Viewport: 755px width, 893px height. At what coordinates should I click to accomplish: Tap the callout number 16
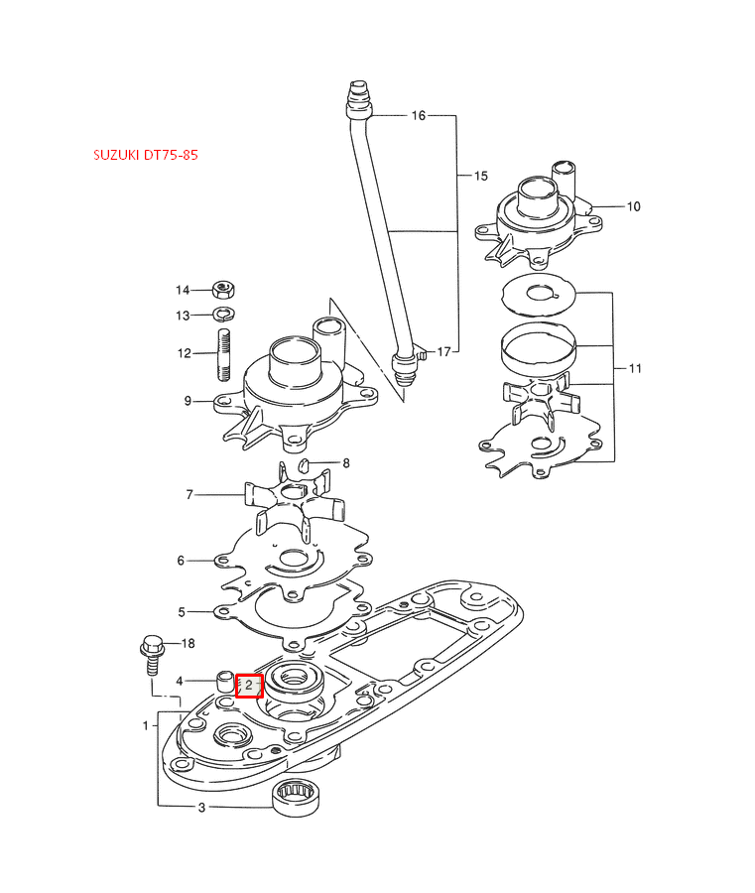coord(418,116)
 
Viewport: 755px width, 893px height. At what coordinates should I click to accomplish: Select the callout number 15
coord(480,176)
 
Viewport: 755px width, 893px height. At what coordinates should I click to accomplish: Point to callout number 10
coord(633,206)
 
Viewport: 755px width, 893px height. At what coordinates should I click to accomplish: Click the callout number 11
coord(635,368)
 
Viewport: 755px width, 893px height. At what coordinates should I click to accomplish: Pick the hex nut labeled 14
coord(224,291)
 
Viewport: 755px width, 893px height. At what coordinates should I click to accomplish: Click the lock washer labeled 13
coord(224,315)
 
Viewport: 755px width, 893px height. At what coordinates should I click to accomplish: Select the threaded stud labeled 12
coord(224,354)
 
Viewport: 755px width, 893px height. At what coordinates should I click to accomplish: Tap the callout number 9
coord(188,401)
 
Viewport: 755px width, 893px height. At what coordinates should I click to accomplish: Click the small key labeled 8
coord(307,464)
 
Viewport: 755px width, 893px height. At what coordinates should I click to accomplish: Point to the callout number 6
coord(181,561)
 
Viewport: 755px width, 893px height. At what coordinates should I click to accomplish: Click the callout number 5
coord(182,612)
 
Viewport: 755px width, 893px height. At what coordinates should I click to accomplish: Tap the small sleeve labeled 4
coord(225,683)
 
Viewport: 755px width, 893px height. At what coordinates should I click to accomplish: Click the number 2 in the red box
coord(249,686)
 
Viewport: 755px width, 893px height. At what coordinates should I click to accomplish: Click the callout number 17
coord(443,351)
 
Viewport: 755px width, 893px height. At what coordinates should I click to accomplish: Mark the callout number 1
coord(145,725)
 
